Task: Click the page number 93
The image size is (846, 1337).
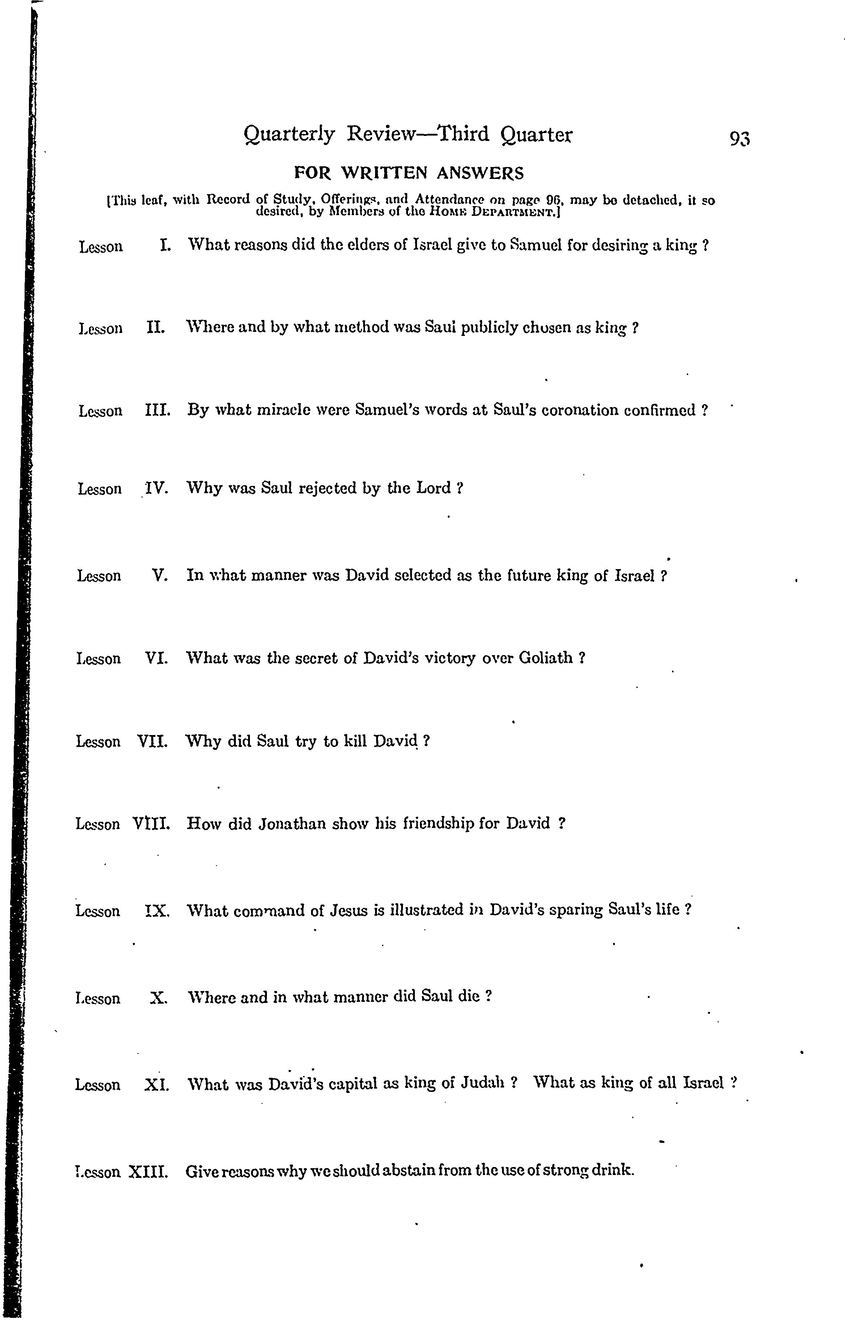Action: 739,138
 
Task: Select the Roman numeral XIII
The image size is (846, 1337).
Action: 148,1171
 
